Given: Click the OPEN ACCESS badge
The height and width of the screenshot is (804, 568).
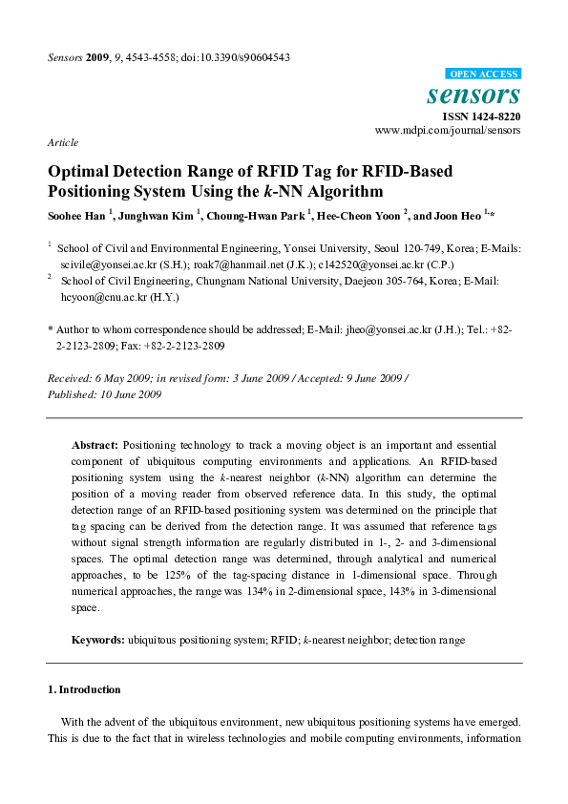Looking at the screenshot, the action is point(483,74).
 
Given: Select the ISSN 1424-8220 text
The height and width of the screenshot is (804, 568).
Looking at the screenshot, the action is point(482,116).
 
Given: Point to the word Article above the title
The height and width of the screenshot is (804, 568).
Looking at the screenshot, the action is point(62,142).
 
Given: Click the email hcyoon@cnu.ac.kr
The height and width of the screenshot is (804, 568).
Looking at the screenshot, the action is point(102,297).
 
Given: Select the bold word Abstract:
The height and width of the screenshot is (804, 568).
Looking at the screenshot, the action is point(95,445).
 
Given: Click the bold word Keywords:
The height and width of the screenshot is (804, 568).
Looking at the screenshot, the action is point(99,640).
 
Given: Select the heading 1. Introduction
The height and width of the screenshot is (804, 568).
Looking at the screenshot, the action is point(84,688).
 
